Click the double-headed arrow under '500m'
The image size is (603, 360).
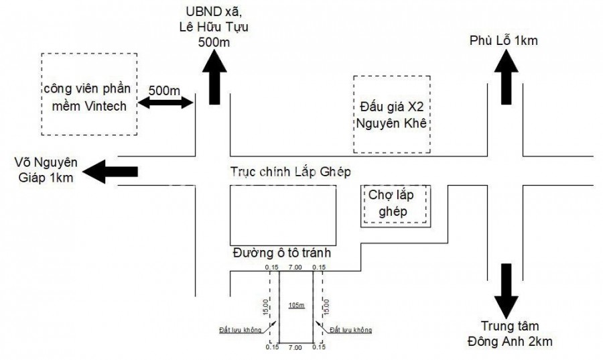click(165, 103)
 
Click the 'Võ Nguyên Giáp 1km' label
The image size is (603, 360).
click(46, 170)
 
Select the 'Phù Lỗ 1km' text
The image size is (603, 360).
click(503, 41)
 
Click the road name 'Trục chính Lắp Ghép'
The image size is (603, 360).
click(290, 172)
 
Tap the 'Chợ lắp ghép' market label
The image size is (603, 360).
click(393, 203)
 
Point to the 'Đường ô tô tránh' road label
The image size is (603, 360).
click(282, 253)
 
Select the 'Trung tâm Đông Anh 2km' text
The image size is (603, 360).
click(509, 335)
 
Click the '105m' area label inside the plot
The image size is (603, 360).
click(296, 306)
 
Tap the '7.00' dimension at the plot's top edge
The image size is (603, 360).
click(295, 267)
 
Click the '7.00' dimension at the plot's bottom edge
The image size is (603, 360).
click(295, 347)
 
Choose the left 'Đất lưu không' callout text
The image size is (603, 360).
click(239, 330)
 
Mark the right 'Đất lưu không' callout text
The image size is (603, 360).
click(350, 330)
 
